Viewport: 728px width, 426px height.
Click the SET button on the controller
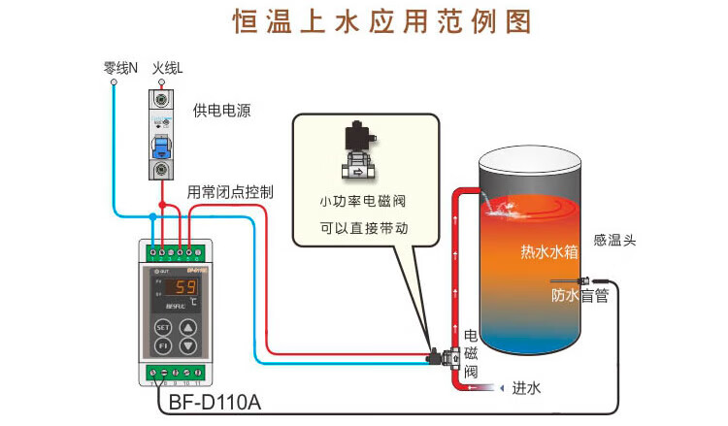(x=163, y=327)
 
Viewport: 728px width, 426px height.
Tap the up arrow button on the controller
(x=188, y=327)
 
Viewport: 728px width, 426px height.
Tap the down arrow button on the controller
(x=188, y=345)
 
